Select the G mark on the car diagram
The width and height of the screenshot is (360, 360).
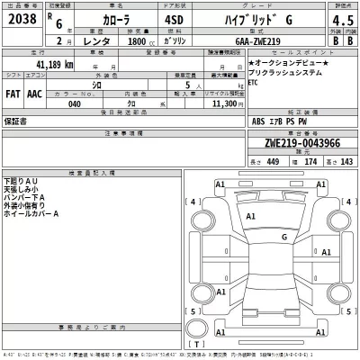pos(284,237)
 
